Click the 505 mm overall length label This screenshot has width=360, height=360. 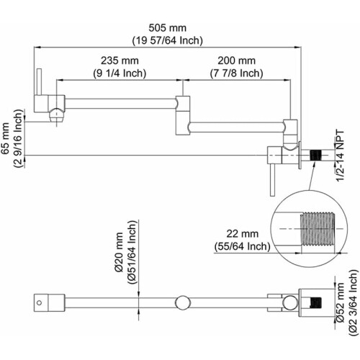tap(167, 28)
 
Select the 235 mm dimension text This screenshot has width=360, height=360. tap(120, 60)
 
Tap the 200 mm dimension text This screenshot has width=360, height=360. tap(236, 60)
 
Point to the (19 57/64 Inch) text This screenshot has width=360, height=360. tap(168, 40)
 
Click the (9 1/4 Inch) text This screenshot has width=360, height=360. tap(120, 73)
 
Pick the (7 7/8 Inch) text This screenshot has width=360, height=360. tap(236, 73)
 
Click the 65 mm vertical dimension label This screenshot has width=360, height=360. tap(5, 138)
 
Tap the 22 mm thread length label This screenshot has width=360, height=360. tap(243, 233)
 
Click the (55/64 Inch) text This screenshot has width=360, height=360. tap(243, 246)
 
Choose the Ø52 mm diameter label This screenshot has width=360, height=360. tap(340, 302)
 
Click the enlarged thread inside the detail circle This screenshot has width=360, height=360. tap(317, 229)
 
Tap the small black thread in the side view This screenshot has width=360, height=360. tap(315, 156)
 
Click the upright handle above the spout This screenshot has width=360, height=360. tap(39, 82)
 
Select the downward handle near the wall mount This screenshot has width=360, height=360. tap(272, 181)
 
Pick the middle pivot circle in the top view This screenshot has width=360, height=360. tap(183, 302)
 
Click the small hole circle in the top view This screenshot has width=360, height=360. tap(40, 302)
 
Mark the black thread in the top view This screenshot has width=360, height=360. tap(316, 302)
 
